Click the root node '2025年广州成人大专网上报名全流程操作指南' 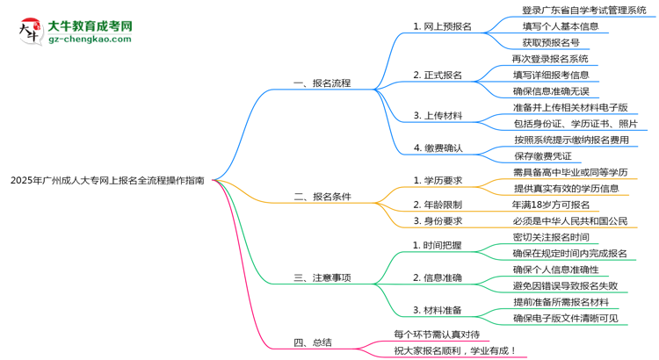click(x=107, y=180)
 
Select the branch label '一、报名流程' click(x=322, y=83)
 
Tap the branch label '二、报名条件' click(x=322, y=197)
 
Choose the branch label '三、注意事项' click(x=322, y=277)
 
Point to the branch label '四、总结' click(x=312, y=342)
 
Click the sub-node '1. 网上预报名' click(x=442, y=26)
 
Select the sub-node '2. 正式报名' click(x=438, y=75)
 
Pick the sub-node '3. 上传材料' click(x=438, y=116)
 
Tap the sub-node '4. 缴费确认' click(x=438, y=148)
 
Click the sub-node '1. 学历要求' click(x=438, y=180)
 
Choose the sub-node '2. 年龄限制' click(x=438, y=205)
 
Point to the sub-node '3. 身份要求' click(x=438, y=221)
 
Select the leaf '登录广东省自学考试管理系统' click(x=583, y=11)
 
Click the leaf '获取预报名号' click(x=551, y=42)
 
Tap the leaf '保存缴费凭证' click(x=556, y=156)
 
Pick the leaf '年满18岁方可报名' click(x=556, y=205)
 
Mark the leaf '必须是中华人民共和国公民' click(x=576, y=221)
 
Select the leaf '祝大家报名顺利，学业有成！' click(x=455, y=350)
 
